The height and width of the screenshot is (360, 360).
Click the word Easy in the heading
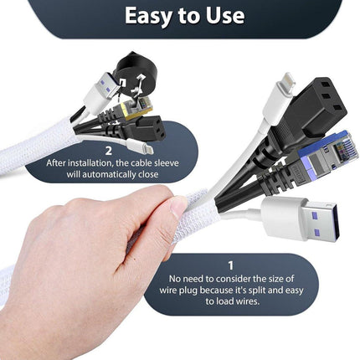pos(149,16)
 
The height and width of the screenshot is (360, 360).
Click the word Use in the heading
pos(225,15)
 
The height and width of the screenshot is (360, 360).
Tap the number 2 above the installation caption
pos(109,151)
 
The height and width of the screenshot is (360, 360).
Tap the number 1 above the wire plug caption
pos(230,265)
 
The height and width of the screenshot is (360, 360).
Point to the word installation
pos(88,162)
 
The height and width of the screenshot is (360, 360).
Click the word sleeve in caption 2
pos(167,162)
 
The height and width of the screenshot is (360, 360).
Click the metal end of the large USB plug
pos(323,222)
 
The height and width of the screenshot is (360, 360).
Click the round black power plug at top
pos(136,74)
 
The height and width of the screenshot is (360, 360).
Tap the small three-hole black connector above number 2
pos(150,130)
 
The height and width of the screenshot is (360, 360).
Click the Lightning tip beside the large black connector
pos(285,84)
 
